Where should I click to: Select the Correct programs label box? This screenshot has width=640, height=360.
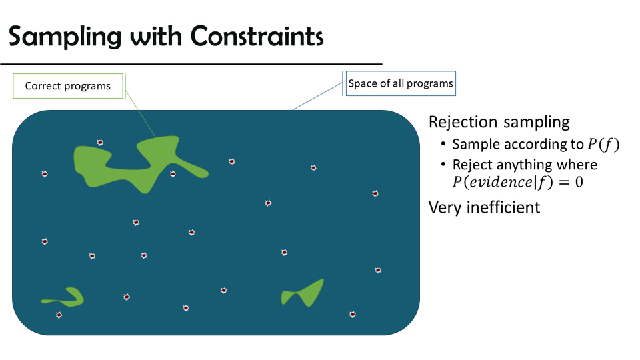point(68,86)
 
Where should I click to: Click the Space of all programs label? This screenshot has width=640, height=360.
point(400,84)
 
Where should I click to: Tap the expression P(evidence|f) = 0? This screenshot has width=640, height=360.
point(517,182)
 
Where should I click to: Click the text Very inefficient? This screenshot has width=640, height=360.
point(484,207)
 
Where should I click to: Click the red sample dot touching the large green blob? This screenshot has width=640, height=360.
point(173,174)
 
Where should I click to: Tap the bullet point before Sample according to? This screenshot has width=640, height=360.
point(443,145)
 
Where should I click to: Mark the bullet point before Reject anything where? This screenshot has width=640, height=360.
point(443,165)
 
